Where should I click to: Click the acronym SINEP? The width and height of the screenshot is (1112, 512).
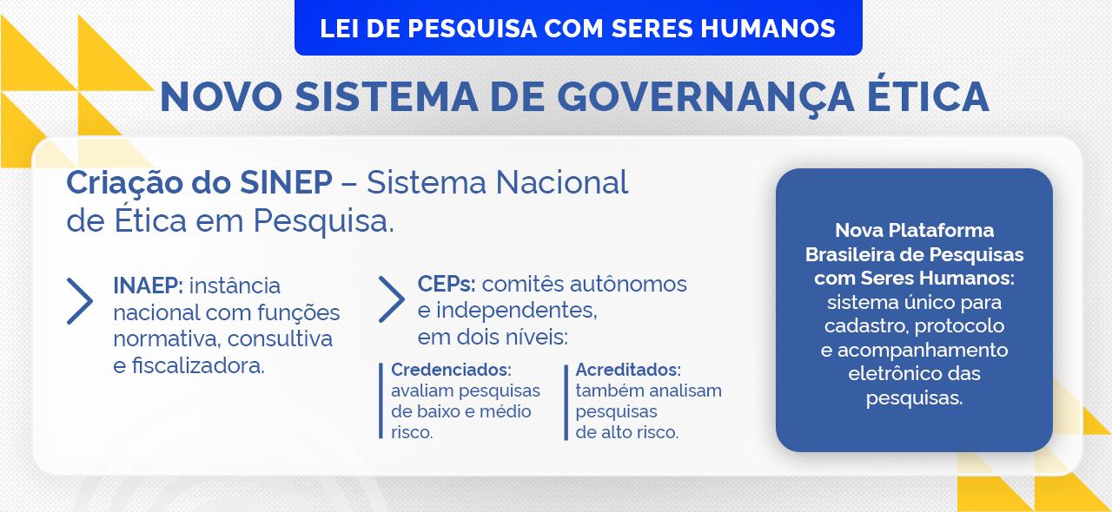(286, 182)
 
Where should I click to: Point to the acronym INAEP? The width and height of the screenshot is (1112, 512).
(148, 286)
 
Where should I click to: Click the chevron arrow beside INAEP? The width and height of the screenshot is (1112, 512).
(79, 301)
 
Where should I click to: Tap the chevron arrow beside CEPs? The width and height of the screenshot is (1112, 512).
(391, 299)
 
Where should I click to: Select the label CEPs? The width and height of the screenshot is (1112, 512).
(447, 285)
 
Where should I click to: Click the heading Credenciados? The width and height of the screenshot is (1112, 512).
(451, 370)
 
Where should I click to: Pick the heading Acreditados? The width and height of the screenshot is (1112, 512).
(628, 370)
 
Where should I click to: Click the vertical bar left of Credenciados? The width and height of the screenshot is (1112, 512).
(381, 401)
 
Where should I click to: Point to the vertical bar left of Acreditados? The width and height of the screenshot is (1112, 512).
(566, 403)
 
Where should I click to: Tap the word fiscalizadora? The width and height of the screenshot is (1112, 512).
(197, 366)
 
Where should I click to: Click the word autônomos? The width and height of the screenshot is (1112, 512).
(628, 285)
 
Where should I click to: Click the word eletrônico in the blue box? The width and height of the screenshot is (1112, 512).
(888, 373)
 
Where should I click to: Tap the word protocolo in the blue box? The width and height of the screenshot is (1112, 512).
(959, 326)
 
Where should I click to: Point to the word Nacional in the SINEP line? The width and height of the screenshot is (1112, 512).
(562, 182)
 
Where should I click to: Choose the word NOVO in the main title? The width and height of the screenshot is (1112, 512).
(222, 96)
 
